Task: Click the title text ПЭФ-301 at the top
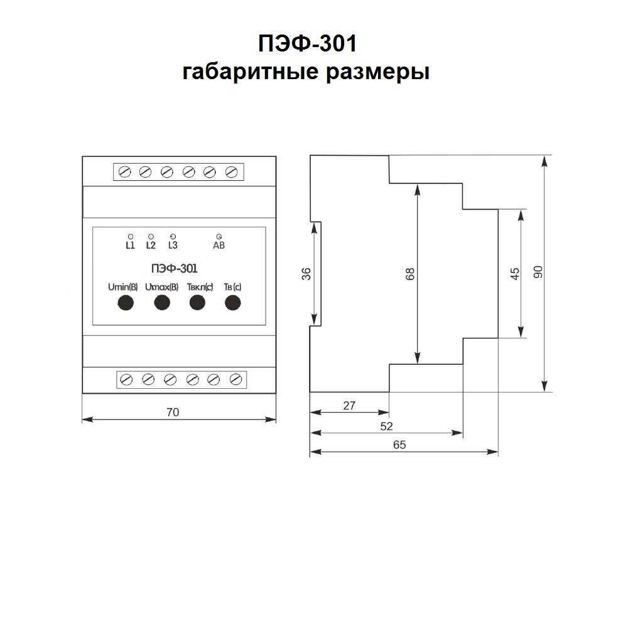[x=307, y=45]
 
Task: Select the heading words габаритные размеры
[x=306, y=72]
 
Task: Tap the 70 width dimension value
[x=173, y=412]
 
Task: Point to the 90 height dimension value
[x=538, y=272]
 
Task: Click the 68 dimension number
[x=409, y=274]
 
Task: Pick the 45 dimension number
[x=514, y=274]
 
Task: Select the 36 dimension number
[x=306, y=274]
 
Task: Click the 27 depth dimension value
[x=350, y=406]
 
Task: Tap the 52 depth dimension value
[x=387, y=426]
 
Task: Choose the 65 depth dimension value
[x=400, y=445]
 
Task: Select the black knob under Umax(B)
[x=162, y=303]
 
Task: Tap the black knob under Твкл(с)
[x=198, y=303]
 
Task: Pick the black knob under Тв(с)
[x=233, y=303]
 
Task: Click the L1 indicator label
[x=130, y=246]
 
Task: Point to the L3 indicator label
[x=173, y=246]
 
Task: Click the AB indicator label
[x=219, y=246]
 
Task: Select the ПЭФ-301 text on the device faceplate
[x=175, y=269]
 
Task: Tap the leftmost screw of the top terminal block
[x=124, y=171]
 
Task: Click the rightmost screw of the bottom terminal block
[x=236, y=379]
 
